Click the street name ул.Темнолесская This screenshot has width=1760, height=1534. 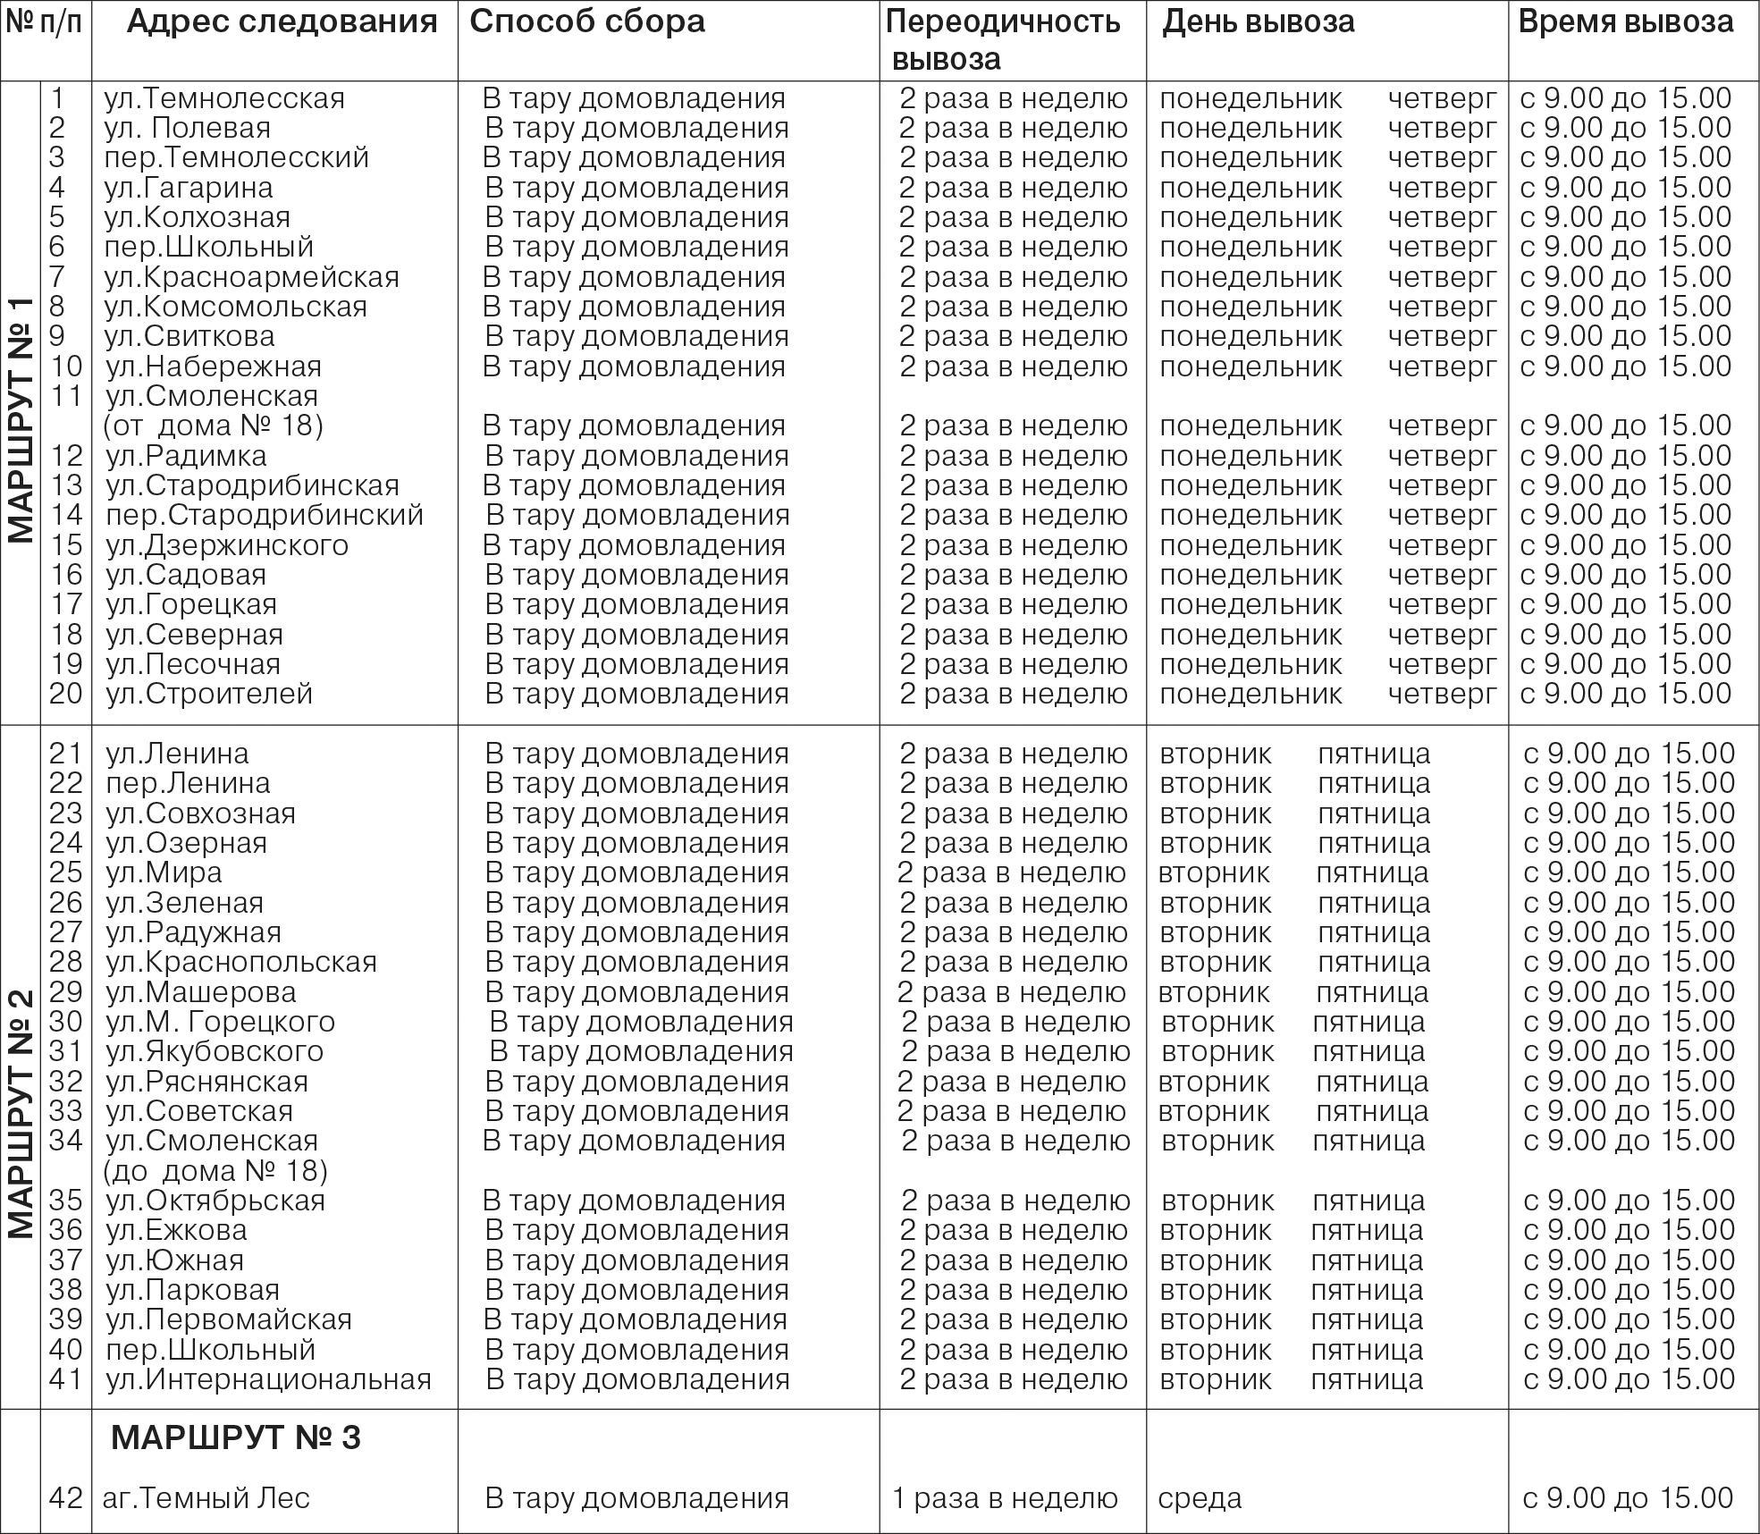(x=224, y=98)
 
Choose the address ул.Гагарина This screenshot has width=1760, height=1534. (x=189, y=188)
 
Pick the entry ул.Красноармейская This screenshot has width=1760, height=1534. (x=252, y=277)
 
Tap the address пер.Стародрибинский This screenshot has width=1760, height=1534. (x=265, y=516)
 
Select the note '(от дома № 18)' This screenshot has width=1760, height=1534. (x=214, y=426)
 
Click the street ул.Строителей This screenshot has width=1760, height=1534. (x=209, y=694)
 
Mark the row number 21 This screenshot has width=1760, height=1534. (x=66, y=754)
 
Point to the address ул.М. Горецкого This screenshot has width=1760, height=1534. (x=220, y=1022)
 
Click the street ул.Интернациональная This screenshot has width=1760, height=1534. (x=268, y=1379)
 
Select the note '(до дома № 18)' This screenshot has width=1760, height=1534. (x=215, y=1171)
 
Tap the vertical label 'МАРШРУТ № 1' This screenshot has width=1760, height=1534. (x=21, y=419)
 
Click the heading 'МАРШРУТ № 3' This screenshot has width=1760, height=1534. (x=236, y=1437)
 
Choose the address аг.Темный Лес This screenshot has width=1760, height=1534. (x=206, y=1498)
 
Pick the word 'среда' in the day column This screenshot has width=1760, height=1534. (x=1200, y=1498)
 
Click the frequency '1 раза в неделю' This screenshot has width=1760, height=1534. (x=1005, y=1498)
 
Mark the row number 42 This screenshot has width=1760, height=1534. (x=66, y=1498)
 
